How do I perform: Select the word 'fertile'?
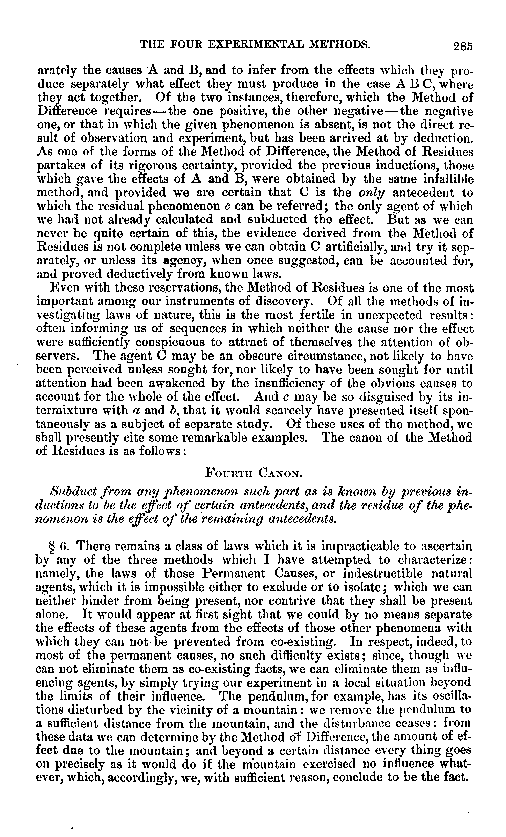click(x=316, y=315)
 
